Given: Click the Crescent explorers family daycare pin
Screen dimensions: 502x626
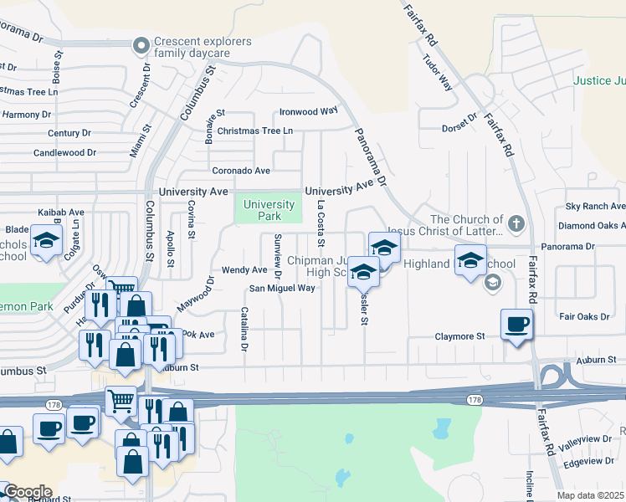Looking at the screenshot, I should point(141,44).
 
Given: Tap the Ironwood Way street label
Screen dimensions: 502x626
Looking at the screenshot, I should point(309,110).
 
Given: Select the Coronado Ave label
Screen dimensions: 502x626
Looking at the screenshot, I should point(241,171).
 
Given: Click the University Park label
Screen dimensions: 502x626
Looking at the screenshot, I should point(269,210).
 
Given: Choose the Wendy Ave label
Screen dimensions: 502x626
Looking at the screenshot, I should point(244,270).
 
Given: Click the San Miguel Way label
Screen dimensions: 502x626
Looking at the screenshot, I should point(281,289).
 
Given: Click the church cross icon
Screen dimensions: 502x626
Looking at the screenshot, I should point(516,223).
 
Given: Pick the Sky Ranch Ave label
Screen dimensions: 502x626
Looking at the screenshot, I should point(595,206).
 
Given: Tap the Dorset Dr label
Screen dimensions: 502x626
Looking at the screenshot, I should point(459,128).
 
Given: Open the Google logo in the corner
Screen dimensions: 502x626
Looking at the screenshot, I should point(27,492).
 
